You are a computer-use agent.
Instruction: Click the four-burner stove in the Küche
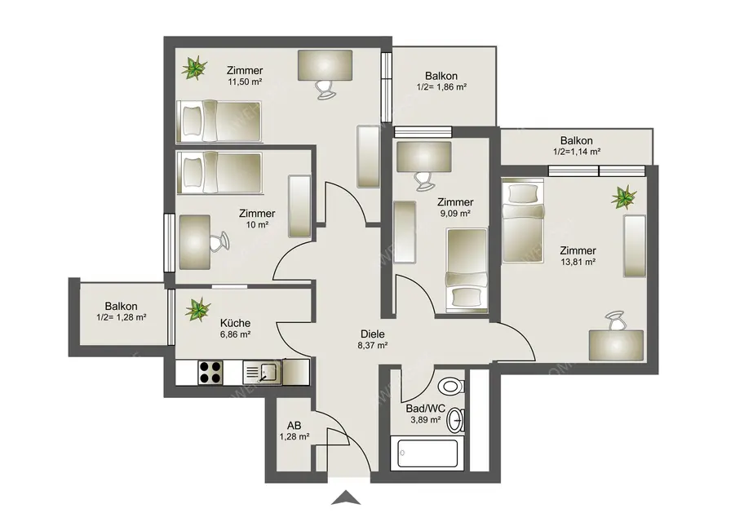tap(210, 372)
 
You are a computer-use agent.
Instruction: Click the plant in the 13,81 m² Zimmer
tap(625, 197)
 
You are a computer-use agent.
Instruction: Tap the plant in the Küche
tap(196, 309)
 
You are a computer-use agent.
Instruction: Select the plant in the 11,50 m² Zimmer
tap(193, 69)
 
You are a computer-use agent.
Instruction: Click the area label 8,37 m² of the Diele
tap(372, 345)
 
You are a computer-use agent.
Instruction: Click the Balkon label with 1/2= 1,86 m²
tap(441, 80)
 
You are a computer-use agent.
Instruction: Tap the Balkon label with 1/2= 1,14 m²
tap(576, 145)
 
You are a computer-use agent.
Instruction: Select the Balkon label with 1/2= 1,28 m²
tap(121, 312)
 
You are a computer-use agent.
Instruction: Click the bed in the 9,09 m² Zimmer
tap(467, 270)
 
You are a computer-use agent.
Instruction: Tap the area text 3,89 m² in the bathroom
tap(424, 420)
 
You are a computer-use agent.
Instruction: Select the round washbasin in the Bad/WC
tap(458, 420)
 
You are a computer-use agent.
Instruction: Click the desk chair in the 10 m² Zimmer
tap(218, 242)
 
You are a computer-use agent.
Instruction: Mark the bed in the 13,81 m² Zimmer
tap(521, 222)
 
